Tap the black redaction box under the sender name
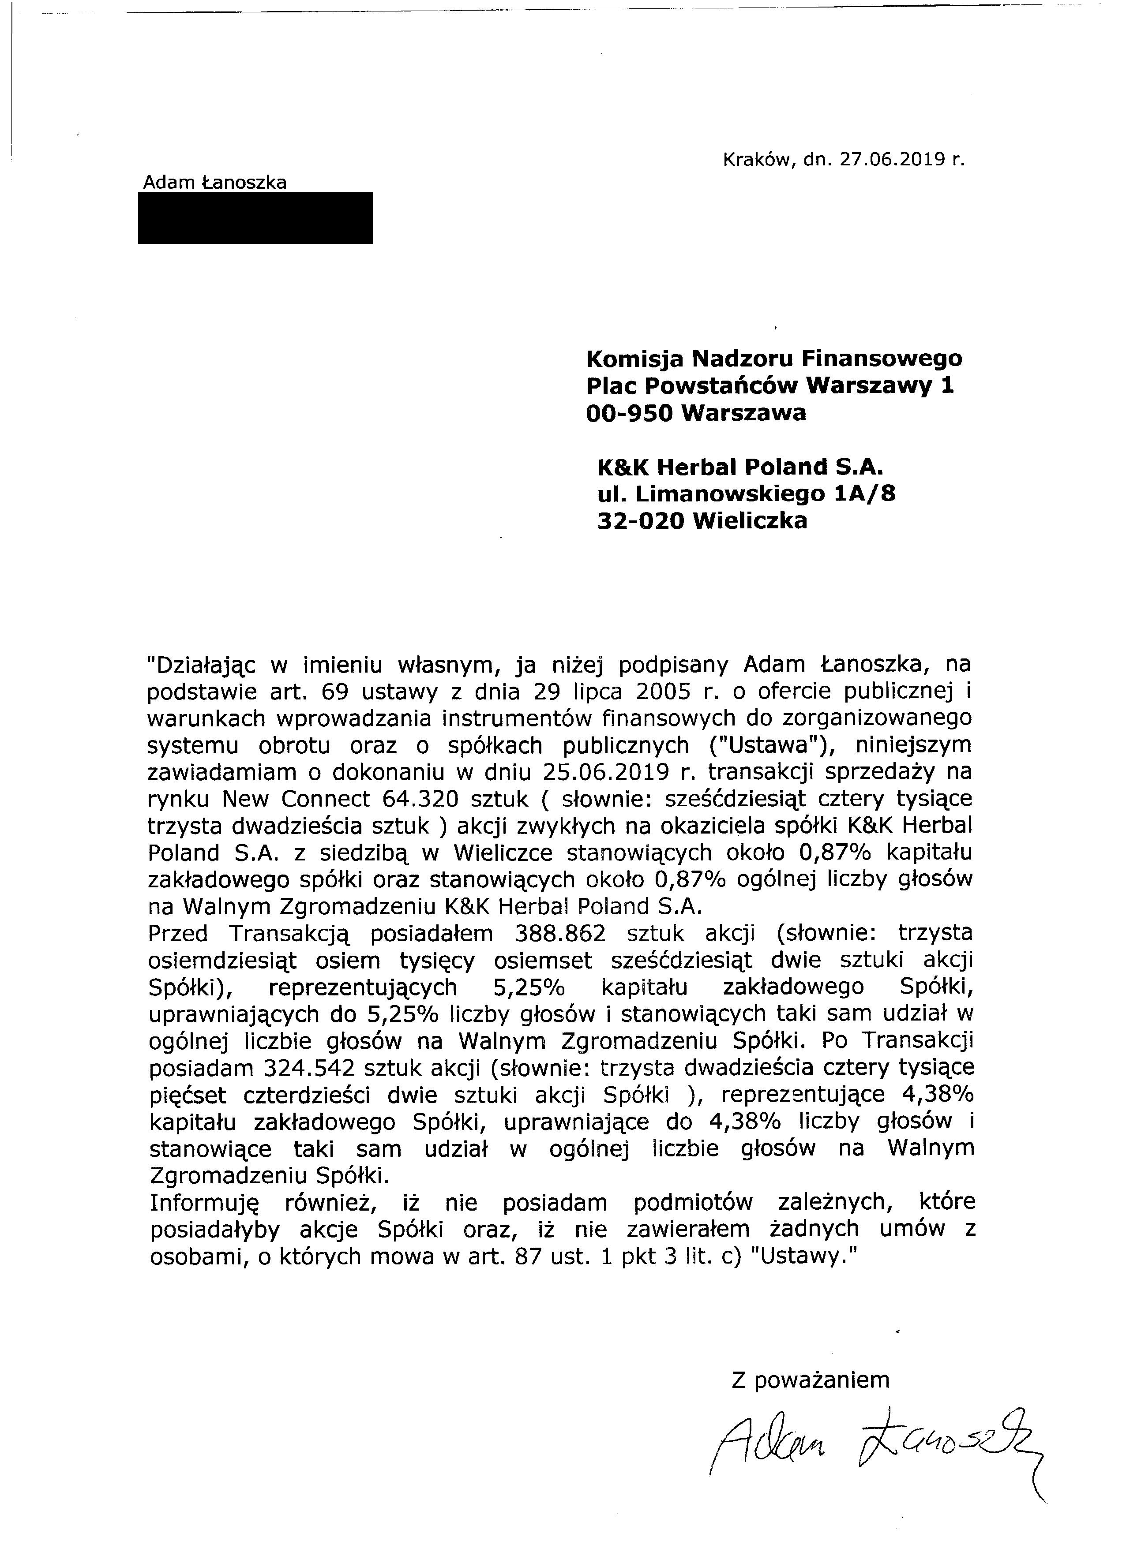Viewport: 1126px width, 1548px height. tap(255, 218)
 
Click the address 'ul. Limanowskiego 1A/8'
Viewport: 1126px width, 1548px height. tap(746, 494)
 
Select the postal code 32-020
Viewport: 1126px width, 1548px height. tap(640, 521)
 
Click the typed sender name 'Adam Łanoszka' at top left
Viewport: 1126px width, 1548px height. tap(214, 182)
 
